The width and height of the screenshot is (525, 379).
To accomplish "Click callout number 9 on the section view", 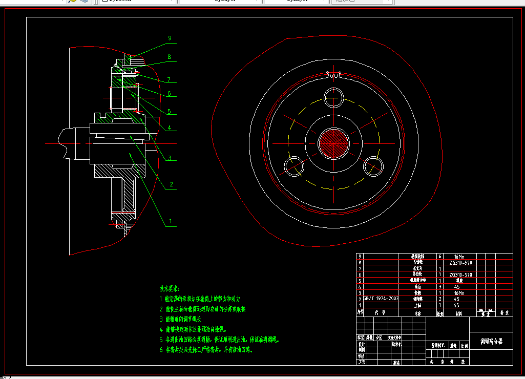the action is (x=170, y=38).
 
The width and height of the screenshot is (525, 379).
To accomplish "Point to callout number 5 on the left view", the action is (x=170, y=111).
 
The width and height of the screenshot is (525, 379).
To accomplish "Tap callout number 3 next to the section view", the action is (x=170, y=158).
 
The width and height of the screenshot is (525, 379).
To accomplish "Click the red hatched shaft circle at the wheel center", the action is (x=333, y=142).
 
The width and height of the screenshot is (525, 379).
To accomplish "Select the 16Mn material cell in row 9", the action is (x=459, y=256).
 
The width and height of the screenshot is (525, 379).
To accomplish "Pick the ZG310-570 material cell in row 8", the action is (x=460, y=263).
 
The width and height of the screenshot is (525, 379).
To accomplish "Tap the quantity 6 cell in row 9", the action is (x=439, y=256).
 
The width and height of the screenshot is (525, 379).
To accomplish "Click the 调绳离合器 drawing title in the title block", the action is (x=491, y=340).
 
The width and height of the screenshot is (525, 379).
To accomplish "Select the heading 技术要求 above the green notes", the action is (x=170, y=289).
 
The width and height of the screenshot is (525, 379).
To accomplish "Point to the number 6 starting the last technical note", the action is (x=161, y=350).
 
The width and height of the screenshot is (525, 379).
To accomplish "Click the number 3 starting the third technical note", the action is (x=161, y=319).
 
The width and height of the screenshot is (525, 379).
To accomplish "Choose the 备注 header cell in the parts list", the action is (x=504, y=311).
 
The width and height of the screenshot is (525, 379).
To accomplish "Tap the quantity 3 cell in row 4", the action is (x=439, y=287).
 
